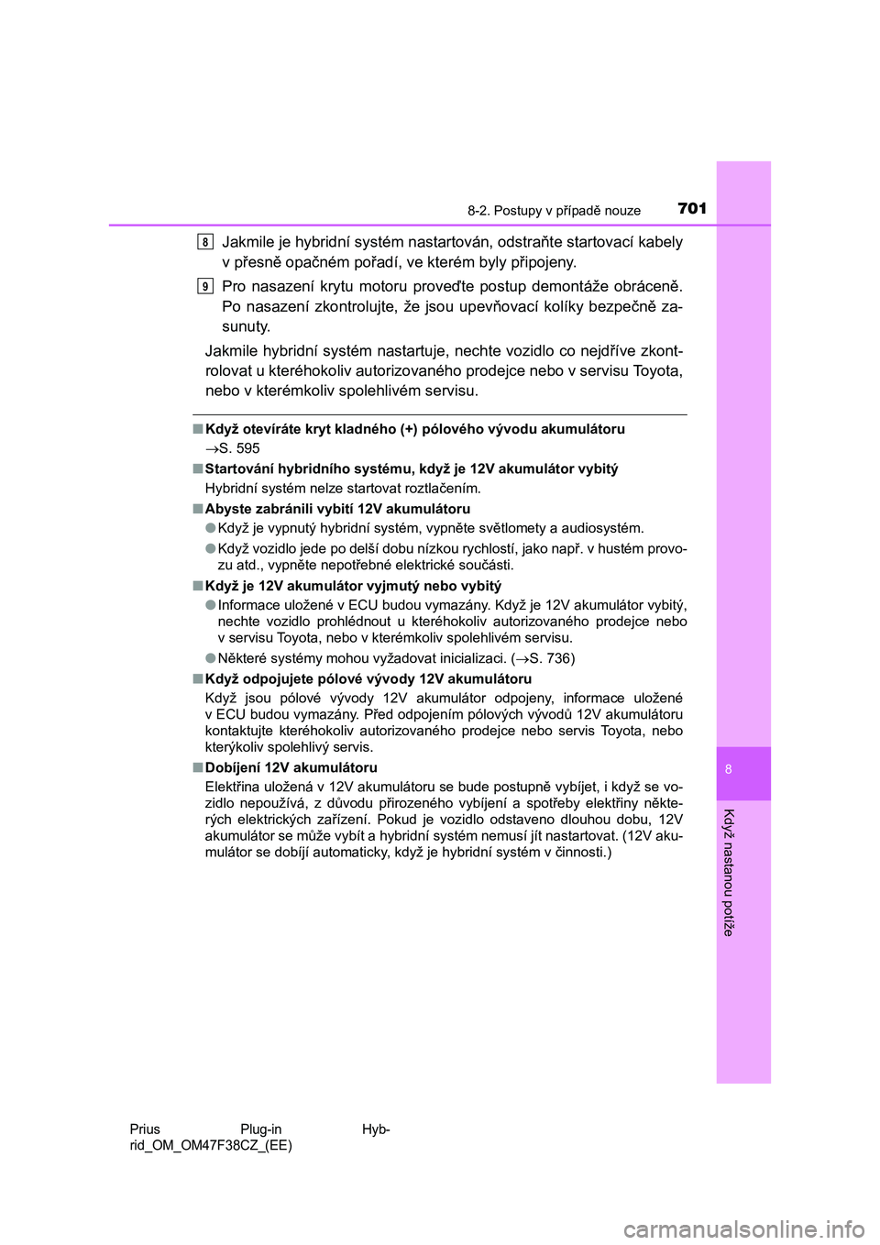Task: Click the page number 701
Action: pos(692,208)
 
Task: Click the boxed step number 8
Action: pos(205,242)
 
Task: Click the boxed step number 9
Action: pos(205,286)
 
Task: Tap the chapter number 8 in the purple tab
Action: pos(729,769)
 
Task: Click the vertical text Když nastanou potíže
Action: pos(729,872)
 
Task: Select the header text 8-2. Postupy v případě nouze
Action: pos(554,211)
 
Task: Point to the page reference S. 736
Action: pos(549,658)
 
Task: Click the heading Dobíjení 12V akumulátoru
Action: pos(291,767)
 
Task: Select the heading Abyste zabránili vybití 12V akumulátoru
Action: pos(337,509)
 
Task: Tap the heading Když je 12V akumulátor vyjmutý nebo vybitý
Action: pos(353,586)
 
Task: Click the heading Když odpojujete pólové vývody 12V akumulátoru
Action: pos(368,679)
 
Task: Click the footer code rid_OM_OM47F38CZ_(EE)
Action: pos(211,1145)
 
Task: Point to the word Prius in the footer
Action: pos(145,1129)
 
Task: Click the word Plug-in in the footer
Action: pos(261,1129)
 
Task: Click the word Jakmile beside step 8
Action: pos(248,242)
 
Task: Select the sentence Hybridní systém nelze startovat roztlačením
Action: pos(343,489)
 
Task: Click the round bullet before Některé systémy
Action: pos(211,657)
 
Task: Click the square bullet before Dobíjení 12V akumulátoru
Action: pos(197,767)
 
